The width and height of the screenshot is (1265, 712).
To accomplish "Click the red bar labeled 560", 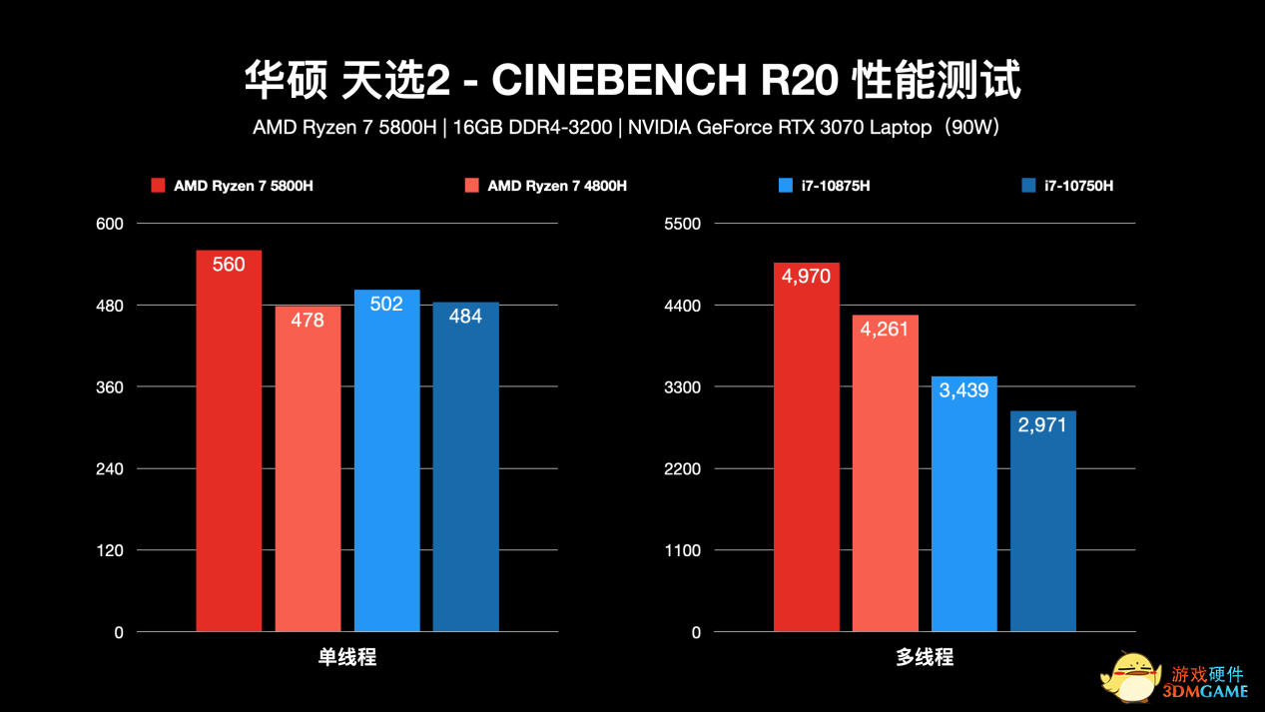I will (229, 440).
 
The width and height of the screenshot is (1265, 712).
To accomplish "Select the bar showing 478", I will (308, 468).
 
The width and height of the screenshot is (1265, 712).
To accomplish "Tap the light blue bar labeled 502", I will (386, 460).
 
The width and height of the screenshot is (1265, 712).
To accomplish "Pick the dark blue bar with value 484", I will (465, 466).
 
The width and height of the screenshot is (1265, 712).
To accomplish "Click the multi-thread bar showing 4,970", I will (806, 446).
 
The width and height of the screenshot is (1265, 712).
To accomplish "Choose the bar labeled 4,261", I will (885, 473).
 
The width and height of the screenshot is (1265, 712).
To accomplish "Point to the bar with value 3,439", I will (963, 503).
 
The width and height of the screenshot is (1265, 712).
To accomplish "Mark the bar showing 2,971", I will (1042, 520).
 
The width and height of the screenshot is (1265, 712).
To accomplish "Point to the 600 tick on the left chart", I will (109, 224).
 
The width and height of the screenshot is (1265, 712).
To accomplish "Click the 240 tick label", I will (109, 469).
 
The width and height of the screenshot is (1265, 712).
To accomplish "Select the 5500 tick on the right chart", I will (682, 224).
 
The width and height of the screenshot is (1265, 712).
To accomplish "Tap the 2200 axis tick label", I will (682, 469).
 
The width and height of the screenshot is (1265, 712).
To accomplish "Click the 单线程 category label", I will (346, 657).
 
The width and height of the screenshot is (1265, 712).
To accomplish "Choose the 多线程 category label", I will (924, 657).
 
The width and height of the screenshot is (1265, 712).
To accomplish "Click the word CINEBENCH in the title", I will (620, 81).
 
